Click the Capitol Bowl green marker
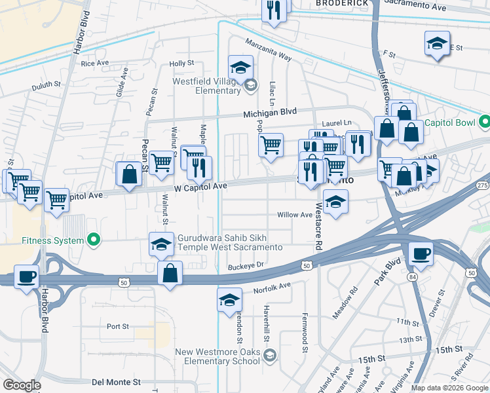point(484,122)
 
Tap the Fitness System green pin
point(94,240)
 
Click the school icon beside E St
point(437,45)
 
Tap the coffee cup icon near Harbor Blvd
point(26,276)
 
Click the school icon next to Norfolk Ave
point(229,300)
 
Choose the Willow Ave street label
point(295,215)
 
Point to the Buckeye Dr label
point(246,265)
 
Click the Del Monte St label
point(116,382)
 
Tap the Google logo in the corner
point(22,384)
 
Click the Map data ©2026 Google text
point(449,388)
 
